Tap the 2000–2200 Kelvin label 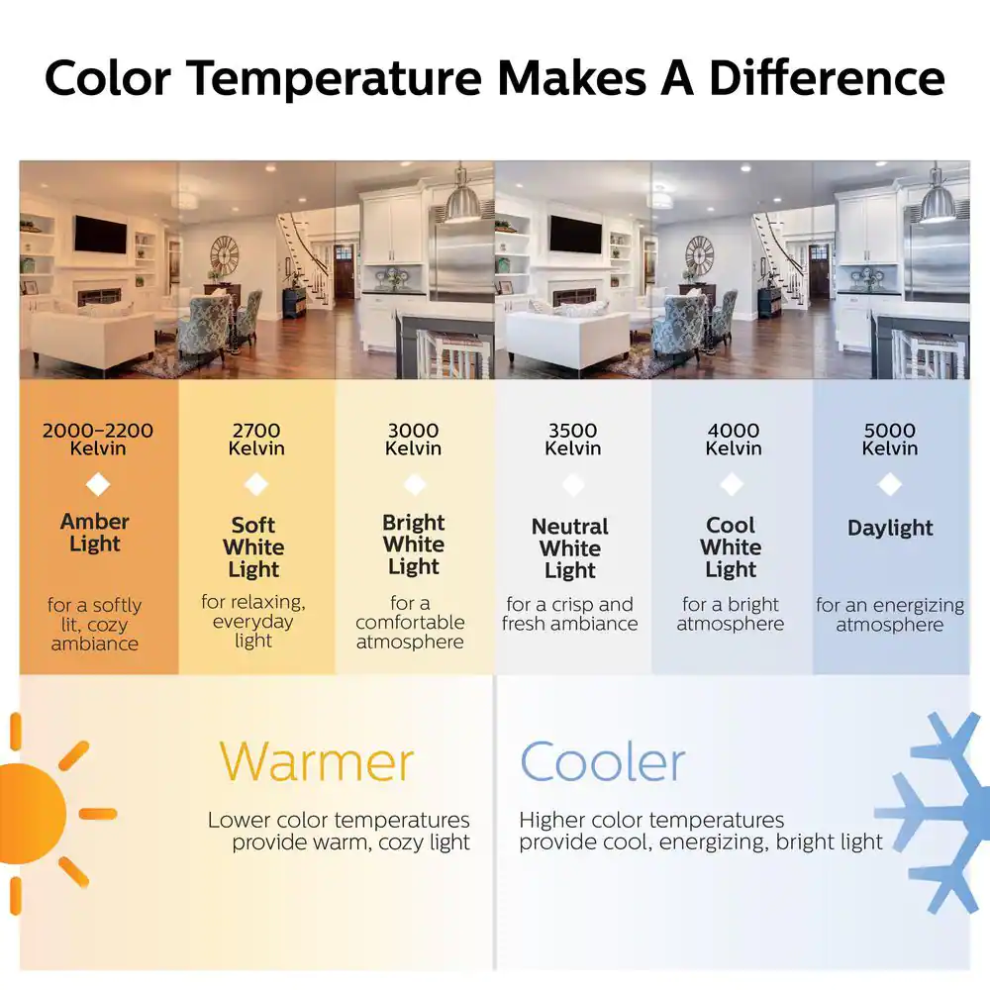pyautogui.click(x=98, y=440)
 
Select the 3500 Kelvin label pyautogui.click(x=572, y=440)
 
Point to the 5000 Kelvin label pyautogui.click(x=890, y=440)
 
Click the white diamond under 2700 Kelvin pyautogui.click(x=256, y=484)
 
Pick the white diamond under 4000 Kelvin pyautogui.click(x=732, y=484)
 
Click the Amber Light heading pyautogui.click(x=95, y=533)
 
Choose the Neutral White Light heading pyautogui.click(x=570, y=548)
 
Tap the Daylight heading pyautogui.click(x=890, y=528)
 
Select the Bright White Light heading pyautogui.click(x=414, y=544)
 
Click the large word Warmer pyautogui.click(x=317, y=762)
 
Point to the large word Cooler pyautogui.click(x=602, y=762)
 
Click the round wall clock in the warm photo pyautogui.click(x=225, y=256)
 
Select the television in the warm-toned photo pyautogui.click(x=100, y=235)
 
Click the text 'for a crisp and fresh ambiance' pyautogui.click(x=569, y=614)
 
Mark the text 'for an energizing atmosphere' pyautogui.click(x=890, y=615)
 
